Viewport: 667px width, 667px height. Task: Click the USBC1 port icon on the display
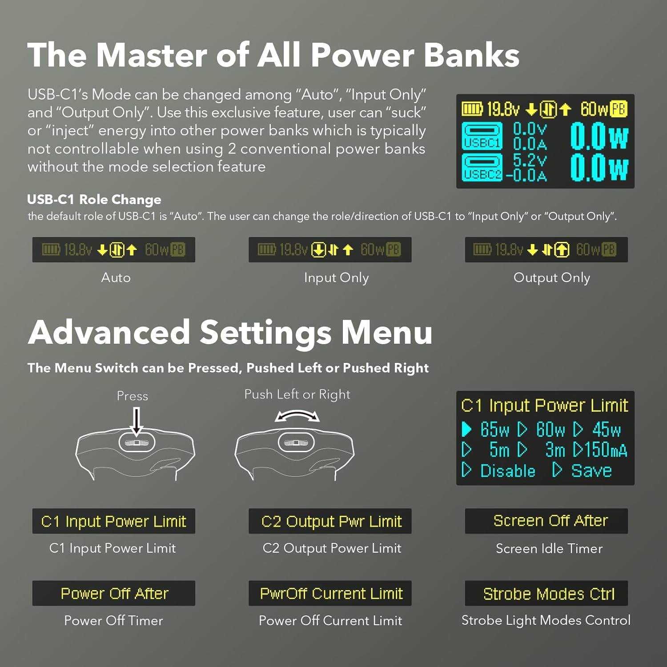(482, 136)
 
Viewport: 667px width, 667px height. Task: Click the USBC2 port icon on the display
(482, 167)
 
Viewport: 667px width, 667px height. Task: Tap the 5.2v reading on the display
(530, 160)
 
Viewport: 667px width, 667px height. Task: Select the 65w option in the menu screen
(494, 430)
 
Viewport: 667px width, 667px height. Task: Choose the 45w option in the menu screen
(606, 430)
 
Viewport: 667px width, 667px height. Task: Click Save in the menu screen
(591, 470)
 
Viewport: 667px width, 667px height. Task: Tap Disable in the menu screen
(508, 470)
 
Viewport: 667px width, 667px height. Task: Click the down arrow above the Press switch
(137, 421)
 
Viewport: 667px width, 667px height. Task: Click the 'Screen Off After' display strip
(546, 521)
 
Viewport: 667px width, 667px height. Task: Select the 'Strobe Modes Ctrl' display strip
(546, 593)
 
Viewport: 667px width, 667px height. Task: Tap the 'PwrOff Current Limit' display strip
(330, 593)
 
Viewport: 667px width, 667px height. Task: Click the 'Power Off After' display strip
(114, 593)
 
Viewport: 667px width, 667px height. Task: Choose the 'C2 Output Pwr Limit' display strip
(330, 521)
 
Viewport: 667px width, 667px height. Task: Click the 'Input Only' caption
(337, 278)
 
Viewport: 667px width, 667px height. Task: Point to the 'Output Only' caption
(552, 278)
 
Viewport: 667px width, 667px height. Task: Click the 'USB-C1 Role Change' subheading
(94, 200)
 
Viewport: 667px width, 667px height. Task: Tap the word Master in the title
(151, 55)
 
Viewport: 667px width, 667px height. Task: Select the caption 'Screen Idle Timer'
(549, 549)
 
